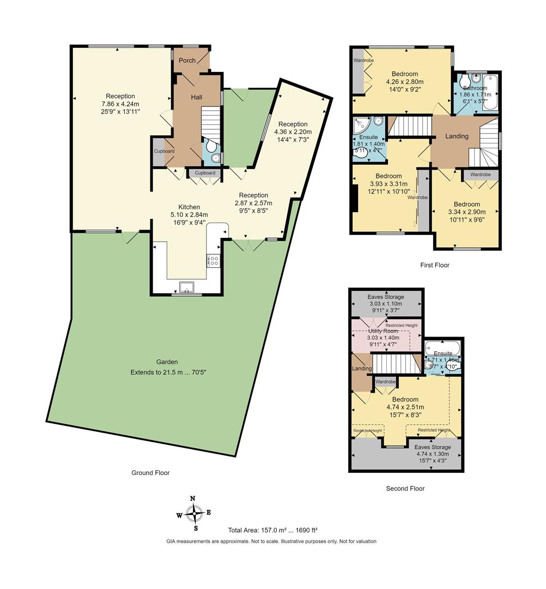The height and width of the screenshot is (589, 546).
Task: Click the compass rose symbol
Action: click(193, 513)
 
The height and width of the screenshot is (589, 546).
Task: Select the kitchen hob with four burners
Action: click(213, 261)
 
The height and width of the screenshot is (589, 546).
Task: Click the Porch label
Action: click(187, 61)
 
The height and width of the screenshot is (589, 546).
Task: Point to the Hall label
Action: click(196, 97)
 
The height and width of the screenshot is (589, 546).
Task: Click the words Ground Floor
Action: click(150, 473)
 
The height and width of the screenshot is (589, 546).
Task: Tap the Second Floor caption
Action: click(405, 489)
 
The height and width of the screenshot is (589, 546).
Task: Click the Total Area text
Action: click(272, 530)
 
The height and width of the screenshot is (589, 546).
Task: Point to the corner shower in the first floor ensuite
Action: click(361, 125)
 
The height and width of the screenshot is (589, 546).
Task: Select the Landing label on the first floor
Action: click(457, 136)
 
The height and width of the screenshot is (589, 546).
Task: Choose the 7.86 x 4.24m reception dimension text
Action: click(120, 104)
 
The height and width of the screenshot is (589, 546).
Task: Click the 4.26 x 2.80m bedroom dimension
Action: click(404, 82)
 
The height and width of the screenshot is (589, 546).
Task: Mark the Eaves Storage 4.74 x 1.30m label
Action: click(433, 454)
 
